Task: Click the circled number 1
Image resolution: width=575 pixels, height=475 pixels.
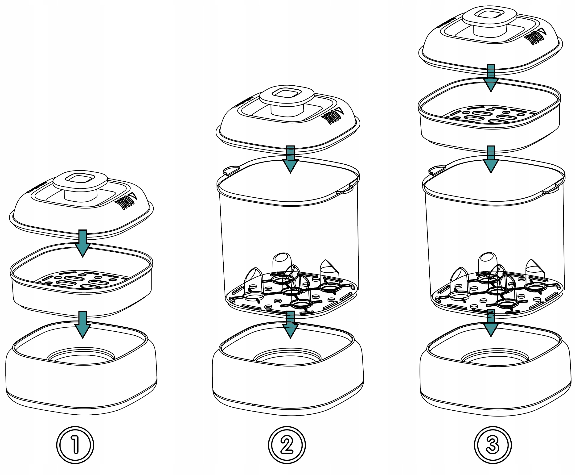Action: tap(75, 445)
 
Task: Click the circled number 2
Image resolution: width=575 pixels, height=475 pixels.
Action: tap(287, 445)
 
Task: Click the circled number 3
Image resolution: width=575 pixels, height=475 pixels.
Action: tap(493, 445)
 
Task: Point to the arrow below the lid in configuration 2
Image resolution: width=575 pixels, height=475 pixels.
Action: tap(290, 159)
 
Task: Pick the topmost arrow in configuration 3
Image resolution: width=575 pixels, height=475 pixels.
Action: tap(491, 78)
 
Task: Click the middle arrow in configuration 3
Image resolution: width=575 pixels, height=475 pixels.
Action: tap(491, 159)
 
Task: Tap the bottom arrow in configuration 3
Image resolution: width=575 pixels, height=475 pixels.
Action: tap(491, 323)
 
